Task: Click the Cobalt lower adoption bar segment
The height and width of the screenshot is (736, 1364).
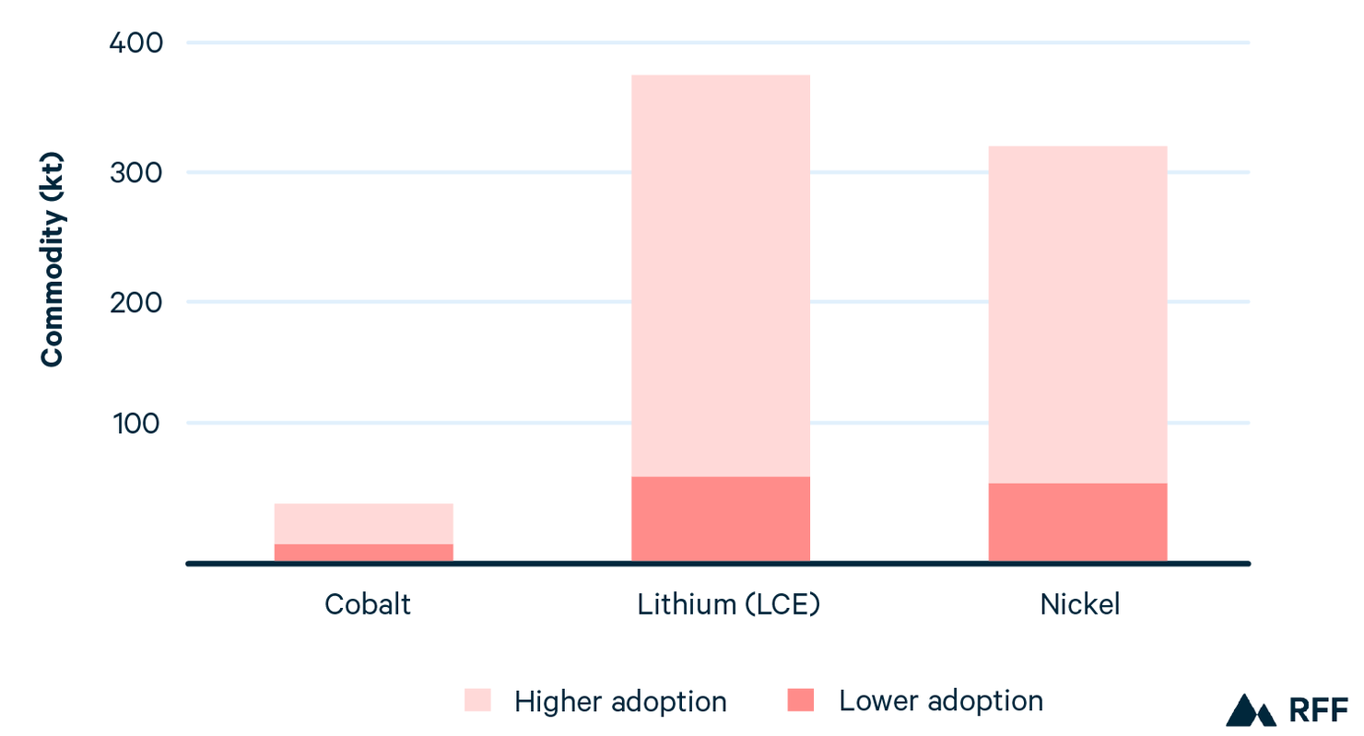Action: (363, 553)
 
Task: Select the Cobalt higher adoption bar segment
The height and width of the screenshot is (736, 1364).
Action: (363, 523)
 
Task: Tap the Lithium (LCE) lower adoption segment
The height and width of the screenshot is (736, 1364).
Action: (720, 519)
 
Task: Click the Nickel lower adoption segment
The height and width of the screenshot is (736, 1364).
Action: (1077, 521)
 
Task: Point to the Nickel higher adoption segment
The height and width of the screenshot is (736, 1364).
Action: (1077, 314)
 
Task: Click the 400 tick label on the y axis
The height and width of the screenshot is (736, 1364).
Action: (136, 43)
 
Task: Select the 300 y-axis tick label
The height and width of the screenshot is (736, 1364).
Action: (136, 173)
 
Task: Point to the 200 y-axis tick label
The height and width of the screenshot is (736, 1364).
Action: (136, 302)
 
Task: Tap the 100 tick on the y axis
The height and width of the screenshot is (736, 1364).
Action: (136, 424)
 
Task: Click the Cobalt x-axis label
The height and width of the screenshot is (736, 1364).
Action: (367, 604)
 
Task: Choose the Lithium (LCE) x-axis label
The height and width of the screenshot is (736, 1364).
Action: (728, 604)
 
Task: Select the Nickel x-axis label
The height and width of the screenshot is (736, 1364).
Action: (1080, 604)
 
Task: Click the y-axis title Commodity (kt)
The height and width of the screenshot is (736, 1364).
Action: (53, 260)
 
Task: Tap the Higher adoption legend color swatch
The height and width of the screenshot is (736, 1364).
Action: (477, 701)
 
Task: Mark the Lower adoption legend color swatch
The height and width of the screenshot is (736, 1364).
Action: (801, 701)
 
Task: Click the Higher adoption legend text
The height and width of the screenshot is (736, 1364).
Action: (620, 701)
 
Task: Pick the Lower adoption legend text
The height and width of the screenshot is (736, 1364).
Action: (941, 701)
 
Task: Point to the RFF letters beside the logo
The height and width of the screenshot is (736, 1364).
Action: (1317, 710)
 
